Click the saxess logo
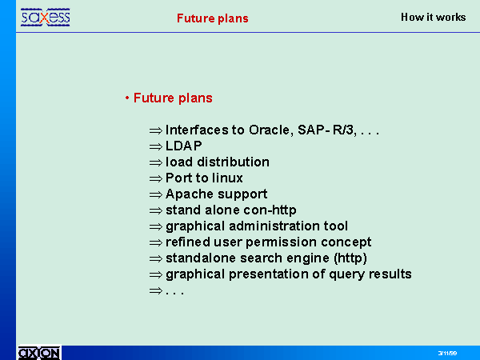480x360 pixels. pyautogui.click(x=46, y=18)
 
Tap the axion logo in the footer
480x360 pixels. pyautogui.click(x=39, y=353)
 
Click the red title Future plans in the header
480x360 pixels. pyautogui.click(x=213, y=18)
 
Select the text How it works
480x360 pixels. pyautogui.click(x=433, y=17)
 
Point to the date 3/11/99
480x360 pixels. pyautogui.click(x=447, y=354)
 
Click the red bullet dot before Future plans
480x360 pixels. pyautogui.click(x=126, y=98)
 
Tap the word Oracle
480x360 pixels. pyautogui.click(x=269, y=130)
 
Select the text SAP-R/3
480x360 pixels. pyautogui.click(x=327, y=130)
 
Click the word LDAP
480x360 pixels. pyautogui.click(x=184, y=146)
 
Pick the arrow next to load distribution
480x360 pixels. pyautogui.click(x=156, y=162)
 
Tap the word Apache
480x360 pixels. pyautogui.click(x=186, y=194)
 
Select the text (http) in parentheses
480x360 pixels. pyautogui.click(x=350, y=258)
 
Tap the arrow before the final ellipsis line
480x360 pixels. pyautogui.click(x=156, y=290)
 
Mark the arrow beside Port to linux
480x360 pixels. pyautogui.click(x=156, y=178)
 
